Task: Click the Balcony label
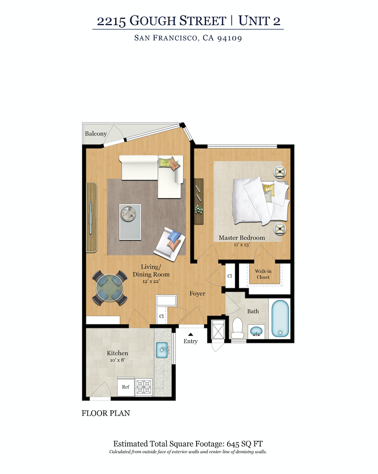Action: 96,134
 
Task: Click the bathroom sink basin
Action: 255,331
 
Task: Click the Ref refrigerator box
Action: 126,387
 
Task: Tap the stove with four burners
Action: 144,386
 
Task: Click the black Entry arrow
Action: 190,333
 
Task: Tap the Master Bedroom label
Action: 242,238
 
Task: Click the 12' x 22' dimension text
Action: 151,282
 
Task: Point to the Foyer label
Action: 197,294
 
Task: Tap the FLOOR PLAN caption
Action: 106,413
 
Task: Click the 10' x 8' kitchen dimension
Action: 118,360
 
